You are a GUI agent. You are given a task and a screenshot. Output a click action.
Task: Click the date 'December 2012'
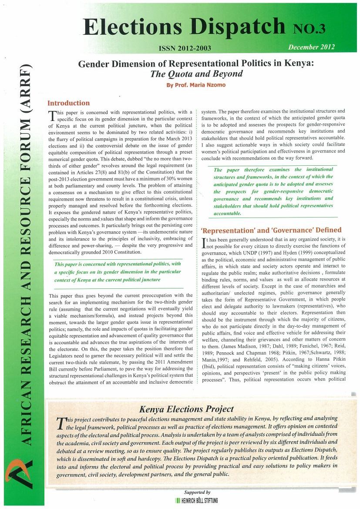point(311,47)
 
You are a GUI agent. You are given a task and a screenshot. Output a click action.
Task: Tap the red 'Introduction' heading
point(68,103)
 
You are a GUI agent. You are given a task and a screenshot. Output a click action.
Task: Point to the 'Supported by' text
point(197,492)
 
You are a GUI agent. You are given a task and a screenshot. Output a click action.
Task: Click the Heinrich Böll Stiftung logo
point(197,501)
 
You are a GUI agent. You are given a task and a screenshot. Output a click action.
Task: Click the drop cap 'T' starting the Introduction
point(52,115)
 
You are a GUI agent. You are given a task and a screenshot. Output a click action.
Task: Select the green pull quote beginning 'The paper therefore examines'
point(273,191)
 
